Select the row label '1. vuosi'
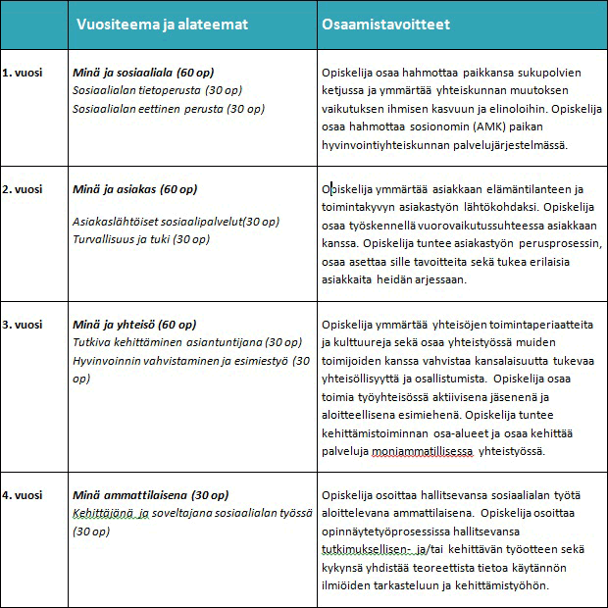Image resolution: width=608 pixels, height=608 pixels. pos(22,73)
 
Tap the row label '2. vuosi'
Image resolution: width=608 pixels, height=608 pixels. pos(22,189)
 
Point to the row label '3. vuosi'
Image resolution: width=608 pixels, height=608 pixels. pos(22,325)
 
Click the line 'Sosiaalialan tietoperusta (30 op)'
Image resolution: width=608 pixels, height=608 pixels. pos(157,90)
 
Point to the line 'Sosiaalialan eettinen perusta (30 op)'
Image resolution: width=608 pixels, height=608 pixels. pos(169,108)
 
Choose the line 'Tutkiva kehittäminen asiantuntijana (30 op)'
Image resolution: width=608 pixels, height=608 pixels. pos(187,342)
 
